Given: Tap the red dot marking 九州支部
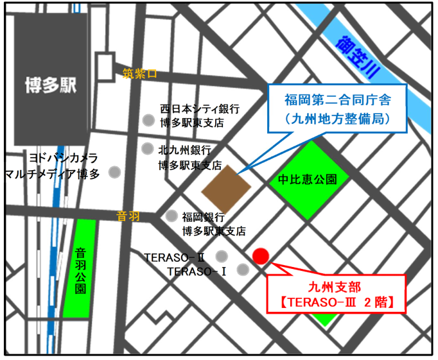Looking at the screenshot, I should [x=261, y=256].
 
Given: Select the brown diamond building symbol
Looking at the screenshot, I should [x=227, y=188].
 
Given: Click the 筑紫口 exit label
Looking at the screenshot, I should [x=139, y=74].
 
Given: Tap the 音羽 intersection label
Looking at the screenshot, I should [x=128, y=217].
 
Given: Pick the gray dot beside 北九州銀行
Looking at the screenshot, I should [x=148, y=148].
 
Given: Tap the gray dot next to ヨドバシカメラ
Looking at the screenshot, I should [x=114, y=172].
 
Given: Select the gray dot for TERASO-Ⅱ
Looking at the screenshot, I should [x=222, y=255].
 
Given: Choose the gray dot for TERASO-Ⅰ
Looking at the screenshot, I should [x=243, y=270].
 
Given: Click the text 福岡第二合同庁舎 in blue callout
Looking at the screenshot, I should [x=337, y=100].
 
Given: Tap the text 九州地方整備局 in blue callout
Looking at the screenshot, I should [x=337, y=119].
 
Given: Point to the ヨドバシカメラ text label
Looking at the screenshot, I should [x=64, y=158].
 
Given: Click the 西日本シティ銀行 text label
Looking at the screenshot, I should [x=199, y=108].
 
